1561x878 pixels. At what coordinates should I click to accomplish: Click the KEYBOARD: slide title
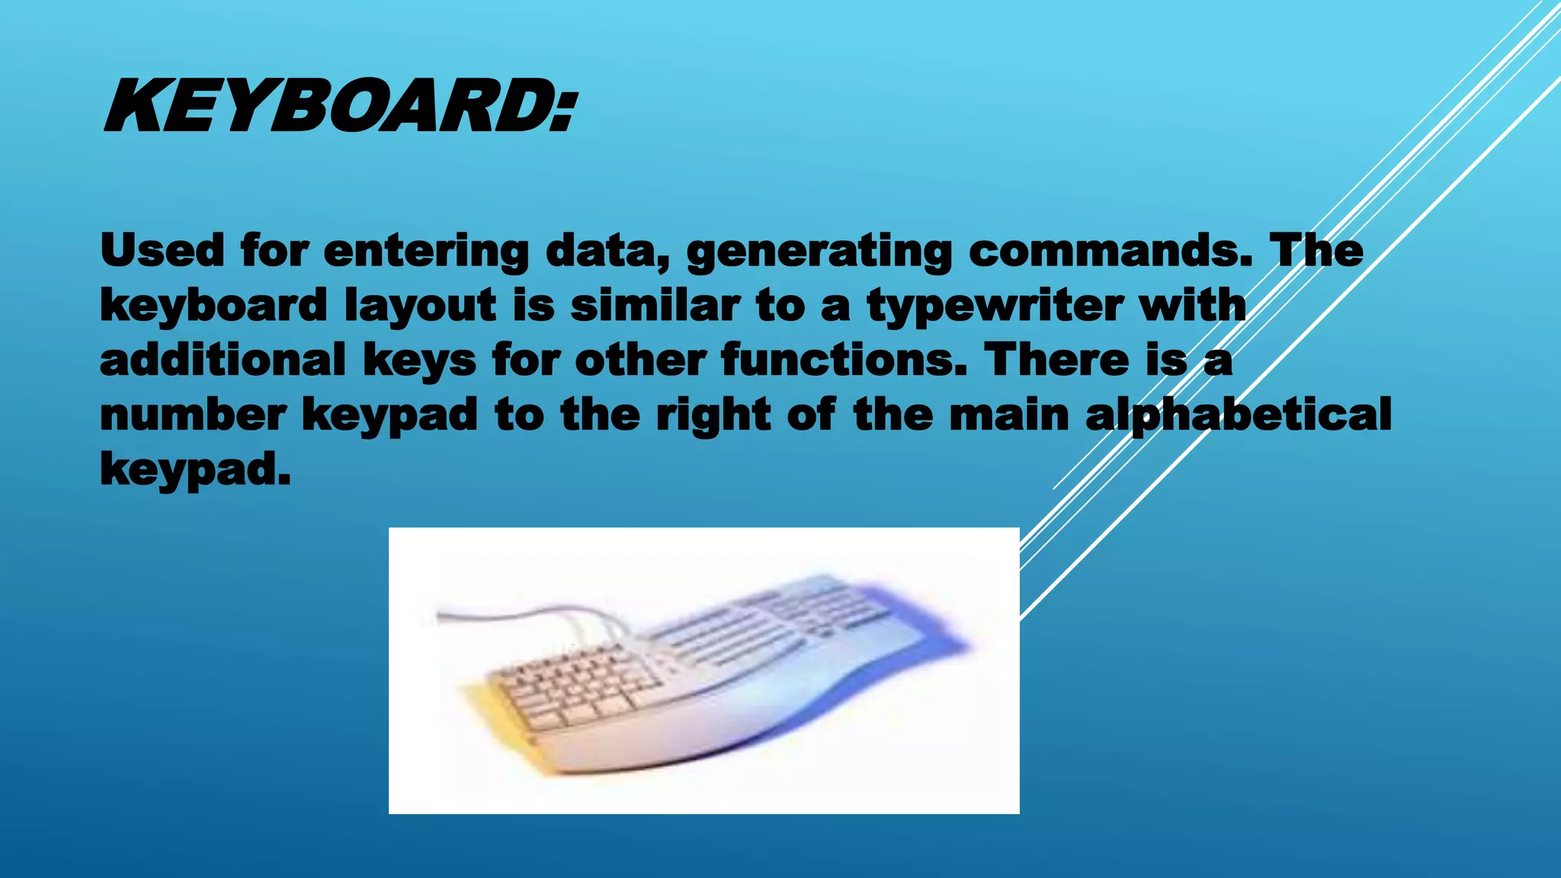(341, 107)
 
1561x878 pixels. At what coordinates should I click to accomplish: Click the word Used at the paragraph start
(162, 250)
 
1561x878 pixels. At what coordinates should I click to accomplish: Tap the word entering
(425, 252)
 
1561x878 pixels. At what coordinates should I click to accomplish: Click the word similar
(655, 305)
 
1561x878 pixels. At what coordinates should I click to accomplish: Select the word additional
(223, 360)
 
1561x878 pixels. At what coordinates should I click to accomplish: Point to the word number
(193, 415)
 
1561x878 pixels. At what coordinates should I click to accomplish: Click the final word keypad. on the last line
(195, 469)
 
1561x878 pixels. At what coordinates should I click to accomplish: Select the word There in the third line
(1056, 360)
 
